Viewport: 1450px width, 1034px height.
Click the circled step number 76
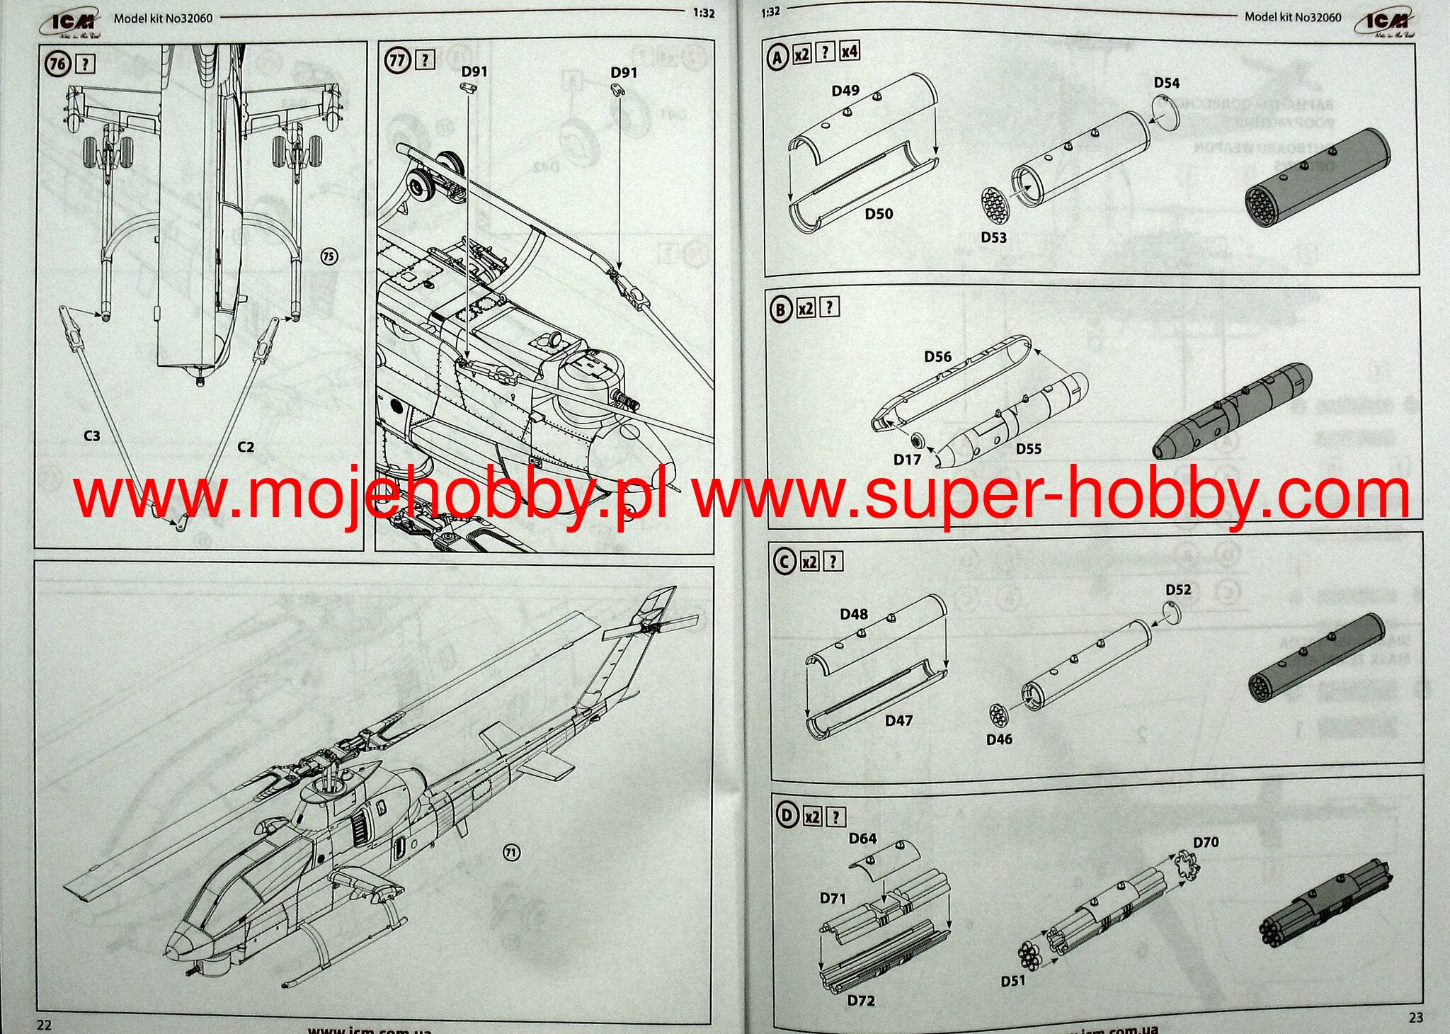tap(57, 64)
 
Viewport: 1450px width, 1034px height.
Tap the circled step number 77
tap(397, 59)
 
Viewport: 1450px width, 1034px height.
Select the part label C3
tap(92, 436)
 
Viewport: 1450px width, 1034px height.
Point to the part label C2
tap(246, 447)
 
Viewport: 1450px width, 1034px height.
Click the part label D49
tap(845, 91)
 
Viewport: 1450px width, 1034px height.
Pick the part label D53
tap(993, 237)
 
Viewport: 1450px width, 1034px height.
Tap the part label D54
tap(1167, 83)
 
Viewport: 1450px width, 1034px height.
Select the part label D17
tap(907, 460)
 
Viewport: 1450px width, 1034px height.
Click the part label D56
tap(938, 356)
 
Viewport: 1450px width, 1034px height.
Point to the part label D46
tap(999, 739)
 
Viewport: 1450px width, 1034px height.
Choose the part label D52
tap(1178, 589)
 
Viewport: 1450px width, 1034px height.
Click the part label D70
tap(1206, 842)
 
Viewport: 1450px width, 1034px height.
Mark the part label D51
tap(1013, 981)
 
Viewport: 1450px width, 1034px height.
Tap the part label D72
tap(861, 1001)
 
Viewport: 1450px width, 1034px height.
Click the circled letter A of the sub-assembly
tap(777, 57)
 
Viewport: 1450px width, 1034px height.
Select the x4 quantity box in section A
tap(850, 51)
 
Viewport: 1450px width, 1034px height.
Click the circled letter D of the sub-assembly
tap(787, 816)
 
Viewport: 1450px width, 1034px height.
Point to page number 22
tap(44, 1025)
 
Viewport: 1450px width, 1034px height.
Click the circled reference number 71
tap(511, 853)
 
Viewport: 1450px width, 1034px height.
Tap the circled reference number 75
tap(329, 256)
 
